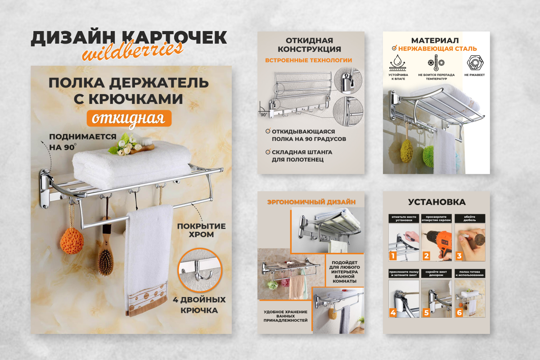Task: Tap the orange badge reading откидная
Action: pos(129,118)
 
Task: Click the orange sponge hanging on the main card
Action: pos(72,240)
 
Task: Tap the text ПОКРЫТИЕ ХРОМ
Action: pos(201,230)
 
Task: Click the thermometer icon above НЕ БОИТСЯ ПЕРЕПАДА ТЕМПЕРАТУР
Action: pos(436,62)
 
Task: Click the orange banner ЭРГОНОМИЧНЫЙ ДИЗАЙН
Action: pos(311,202)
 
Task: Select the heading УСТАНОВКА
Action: pos(436,202)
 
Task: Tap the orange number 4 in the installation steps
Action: pos(393,312)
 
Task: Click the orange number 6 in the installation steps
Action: pos(459,312)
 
